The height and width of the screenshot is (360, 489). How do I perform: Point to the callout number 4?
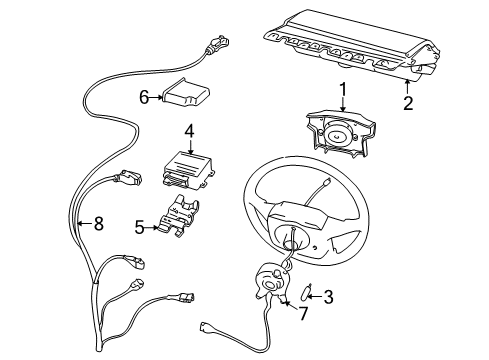187,131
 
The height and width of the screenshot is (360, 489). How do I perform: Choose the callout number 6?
143,97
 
